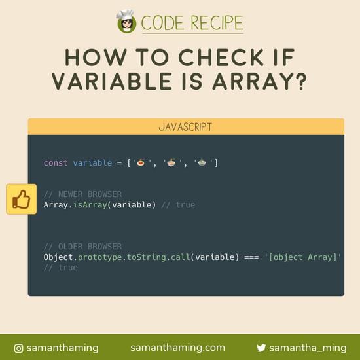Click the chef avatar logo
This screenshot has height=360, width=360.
point(126,22)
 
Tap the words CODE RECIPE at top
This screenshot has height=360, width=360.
point(192,23)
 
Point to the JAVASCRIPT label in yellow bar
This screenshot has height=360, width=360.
point(185,126)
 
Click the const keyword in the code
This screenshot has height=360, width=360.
point(56,162)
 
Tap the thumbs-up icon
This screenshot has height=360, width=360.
point(22,199)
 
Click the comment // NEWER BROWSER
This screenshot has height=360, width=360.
point(82,194)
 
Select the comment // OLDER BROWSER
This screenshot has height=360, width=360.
point(82,247)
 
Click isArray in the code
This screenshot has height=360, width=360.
point(97,205)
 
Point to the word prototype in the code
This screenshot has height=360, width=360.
point(102,257)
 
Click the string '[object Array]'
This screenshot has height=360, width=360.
point(304,257)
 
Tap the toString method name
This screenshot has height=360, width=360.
point(153,257)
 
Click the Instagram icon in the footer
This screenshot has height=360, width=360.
point(19,348)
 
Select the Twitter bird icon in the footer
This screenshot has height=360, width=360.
point(261,348)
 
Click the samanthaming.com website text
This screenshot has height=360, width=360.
point(177,348)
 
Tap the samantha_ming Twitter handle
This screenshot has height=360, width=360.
point(308,348)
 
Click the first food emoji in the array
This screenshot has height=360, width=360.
point(141,162)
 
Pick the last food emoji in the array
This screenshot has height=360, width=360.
point(202,162)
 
